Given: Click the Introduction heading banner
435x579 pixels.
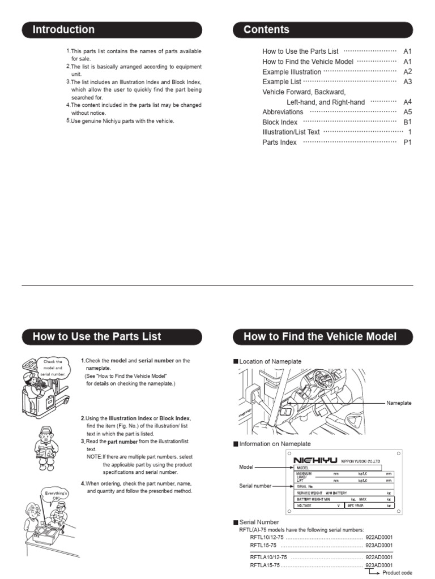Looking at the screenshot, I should (x=112, y=29).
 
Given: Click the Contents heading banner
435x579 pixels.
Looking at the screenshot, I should (x=323, y=29).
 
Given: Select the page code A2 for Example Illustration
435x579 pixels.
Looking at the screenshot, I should (x=407, y=72).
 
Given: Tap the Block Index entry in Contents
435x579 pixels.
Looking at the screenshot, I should (x=280, y=122).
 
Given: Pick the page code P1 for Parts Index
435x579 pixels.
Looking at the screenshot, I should (x=407, y=142).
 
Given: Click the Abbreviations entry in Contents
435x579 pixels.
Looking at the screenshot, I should (x=283, y=112).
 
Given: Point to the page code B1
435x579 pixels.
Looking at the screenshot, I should (x=407, y=122).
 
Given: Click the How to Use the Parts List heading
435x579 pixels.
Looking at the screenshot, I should (x=112, y=337).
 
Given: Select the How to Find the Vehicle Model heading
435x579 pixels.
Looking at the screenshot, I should (x=323, y=337).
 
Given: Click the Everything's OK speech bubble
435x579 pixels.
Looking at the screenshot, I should (x=56, y=496).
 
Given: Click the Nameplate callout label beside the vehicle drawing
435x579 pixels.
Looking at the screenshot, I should (x=399, y=403).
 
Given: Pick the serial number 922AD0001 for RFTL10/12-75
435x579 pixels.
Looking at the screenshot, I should (x=379, y=537).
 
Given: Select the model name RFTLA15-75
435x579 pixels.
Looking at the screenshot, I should (x=265, y=565).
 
